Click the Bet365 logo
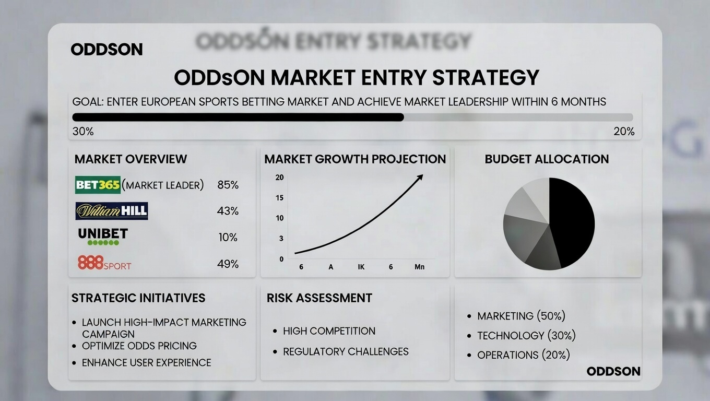point(98,185)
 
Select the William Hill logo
point(112,211)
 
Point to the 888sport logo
point(104,263)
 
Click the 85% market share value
point(228,185)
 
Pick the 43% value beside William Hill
point(228,211)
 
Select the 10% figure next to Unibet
point(228,238)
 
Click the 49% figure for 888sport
point(228,264)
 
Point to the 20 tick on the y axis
point(279,178)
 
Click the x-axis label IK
point(361,267)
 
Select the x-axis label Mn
point(419,267)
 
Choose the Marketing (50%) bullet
point(521,316)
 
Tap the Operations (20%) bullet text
point(523,355)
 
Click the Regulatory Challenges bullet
point(346,351)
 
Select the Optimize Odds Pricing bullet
point(139,346)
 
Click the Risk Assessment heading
point(319,298)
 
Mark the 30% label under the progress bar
point(83,132)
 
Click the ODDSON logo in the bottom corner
point(613,371)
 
